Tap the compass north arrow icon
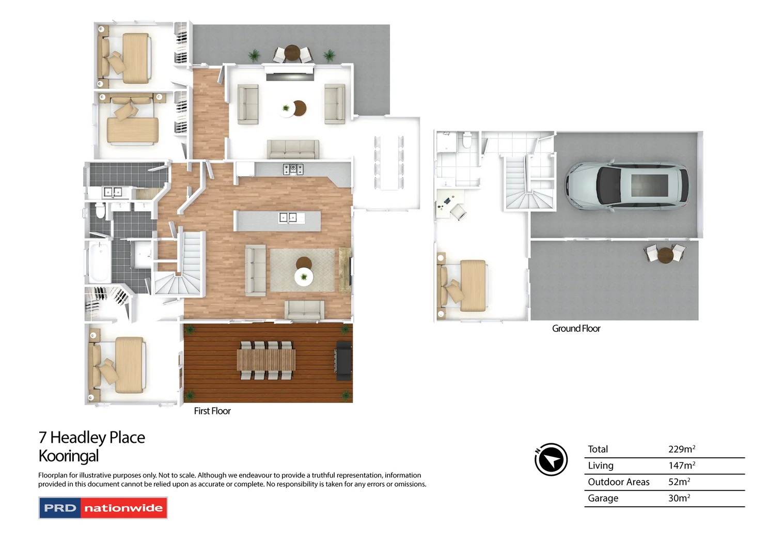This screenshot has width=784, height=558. [x=551, y=459]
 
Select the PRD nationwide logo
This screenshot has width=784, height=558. [x=103, y=508]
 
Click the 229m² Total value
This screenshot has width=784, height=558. [x=681, y=449]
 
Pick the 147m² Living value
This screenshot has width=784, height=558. [x=681, y=466]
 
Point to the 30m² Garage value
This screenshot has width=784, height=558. [x=679, y=498]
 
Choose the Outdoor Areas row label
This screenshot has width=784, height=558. [x=618, y=482]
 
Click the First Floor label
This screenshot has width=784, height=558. [x=212, y=411]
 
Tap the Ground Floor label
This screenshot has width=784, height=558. [x=576, y=329]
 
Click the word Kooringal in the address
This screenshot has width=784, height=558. [x=69, y=456]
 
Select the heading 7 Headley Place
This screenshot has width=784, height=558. [x=92, y=438]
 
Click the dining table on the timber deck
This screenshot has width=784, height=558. [x=266, y=360]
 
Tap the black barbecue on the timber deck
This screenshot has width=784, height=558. [x=344, y=360]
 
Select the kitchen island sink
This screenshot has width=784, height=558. [x=288, y=218]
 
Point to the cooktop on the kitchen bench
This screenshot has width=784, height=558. [x=293, y=168]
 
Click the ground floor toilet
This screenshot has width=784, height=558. [x=467, y=140]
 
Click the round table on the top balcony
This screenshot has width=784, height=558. [x=292, y=53]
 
